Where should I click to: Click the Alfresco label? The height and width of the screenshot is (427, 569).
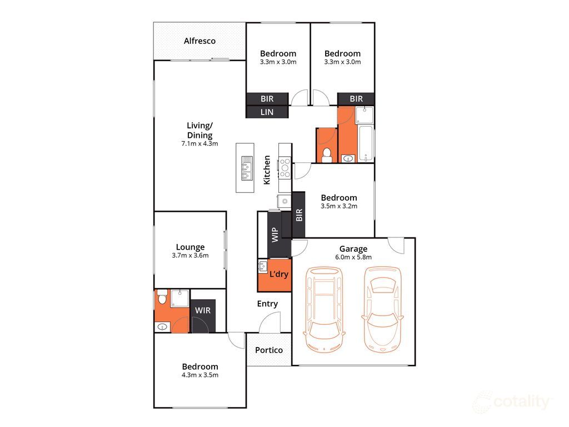click(x=199, y=41)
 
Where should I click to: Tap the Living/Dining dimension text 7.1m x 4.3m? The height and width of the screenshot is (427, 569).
click(x=199, y=143)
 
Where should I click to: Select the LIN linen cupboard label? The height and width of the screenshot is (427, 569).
click(x=267, y=112)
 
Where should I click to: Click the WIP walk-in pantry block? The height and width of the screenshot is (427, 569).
click(x=274, y=235)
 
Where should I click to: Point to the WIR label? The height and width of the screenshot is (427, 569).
click(x=203, y=310)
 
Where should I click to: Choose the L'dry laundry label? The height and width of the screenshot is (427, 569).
click(x=278, y=274)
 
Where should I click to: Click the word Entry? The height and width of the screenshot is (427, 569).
click(x=267, y=304)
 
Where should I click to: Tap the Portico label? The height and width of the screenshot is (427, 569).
click(x=269, y=350)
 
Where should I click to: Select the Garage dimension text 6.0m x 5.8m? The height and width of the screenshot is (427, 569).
click(x=353, y=257)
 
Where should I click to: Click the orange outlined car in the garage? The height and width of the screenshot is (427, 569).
click(x=382, y=309)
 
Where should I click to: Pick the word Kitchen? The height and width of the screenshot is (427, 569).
click(x=267, y=170)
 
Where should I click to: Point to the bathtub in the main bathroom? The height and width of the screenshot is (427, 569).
click(x=366, y=143)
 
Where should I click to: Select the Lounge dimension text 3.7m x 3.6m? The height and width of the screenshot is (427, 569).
click(x=190, y=256)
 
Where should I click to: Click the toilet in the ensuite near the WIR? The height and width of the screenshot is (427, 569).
click(x=162, y=299)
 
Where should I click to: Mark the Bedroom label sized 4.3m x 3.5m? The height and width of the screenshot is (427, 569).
click(x=200, y=367)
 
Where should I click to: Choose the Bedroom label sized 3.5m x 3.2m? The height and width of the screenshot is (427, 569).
click(x=338, y=198)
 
